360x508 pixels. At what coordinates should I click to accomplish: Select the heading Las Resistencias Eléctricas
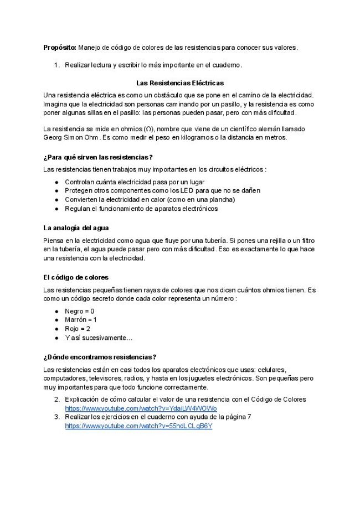pos(180,83)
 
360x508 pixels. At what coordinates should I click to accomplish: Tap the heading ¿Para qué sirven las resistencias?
pos(97,157)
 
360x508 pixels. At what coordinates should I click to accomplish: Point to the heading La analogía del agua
pos(76,227)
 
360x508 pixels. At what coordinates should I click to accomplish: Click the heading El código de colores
pos(75,277)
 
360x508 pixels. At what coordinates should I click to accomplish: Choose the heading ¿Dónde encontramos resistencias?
pos(100,357)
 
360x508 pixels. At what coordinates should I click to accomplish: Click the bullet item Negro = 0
pos(79,311)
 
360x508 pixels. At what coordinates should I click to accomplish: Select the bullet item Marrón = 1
pos(81,320)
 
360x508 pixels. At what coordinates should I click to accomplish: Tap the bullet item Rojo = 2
pos(78,329)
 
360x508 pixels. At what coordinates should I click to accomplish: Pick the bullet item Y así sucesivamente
pos(99,338)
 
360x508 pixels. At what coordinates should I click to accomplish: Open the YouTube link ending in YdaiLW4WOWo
pos(141,408)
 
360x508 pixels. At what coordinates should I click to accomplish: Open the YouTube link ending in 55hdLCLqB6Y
pos(138,427)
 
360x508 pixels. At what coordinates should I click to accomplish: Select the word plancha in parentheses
pos(221,199)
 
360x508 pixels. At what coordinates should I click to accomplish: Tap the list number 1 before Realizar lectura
pos(56,65)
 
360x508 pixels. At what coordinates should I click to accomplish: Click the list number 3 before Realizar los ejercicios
pos(56,417)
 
